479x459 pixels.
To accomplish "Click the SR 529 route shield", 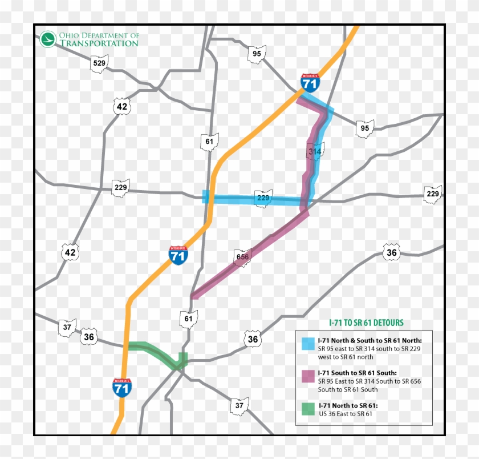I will (x=99, y=63).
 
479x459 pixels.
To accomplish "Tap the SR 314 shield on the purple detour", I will (x=315, y=151).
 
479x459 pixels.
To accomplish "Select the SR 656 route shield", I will (x=243, y=257).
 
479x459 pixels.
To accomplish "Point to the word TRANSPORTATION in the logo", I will (x=99, y=43).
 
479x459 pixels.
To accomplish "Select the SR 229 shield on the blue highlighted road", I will (x=263, y=198).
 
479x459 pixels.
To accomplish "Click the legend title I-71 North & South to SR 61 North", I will (x=370, y=340).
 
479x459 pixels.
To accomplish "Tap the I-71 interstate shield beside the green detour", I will (x=121, y=387).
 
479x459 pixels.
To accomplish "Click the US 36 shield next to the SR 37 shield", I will (x=88, y=336).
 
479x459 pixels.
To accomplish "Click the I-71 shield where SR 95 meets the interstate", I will (x=310, y=83).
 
